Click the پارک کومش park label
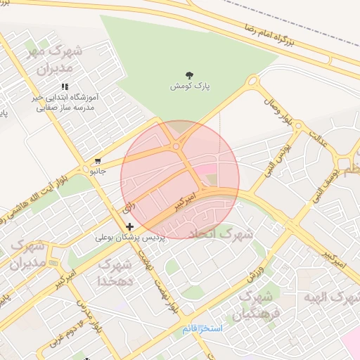pyautogui.click(x=190, y=86)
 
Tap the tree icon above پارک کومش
pyautogui.click(x=190, y=75)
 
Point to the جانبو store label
pyautogui.click(x=96, y=170)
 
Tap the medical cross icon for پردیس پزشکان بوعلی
pyautogui.click(x=129, y=226)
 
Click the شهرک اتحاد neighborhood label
pyautogui.click(x=226, y=233)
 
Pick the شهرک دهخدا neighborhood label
pyautogui.click(x=116, y=272)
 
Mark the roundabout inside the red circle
pyautogui.click(x=175, y=146)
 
